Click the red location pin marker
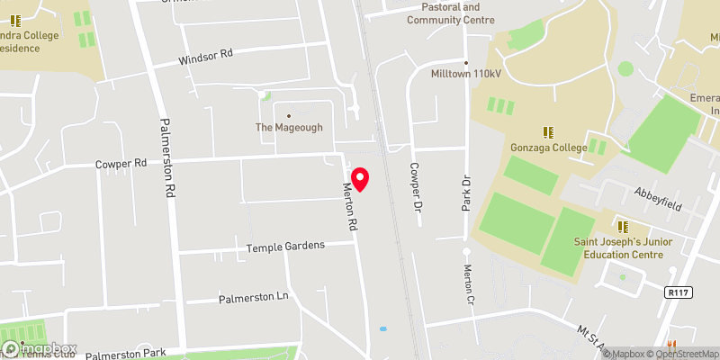[360, 179]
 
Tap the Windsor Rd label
[206, 55]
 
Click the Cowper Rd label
[121, 165]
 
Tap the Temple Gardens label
[285, 246]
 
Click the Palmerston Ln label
[257, 296]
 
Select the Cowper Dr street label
[416, 187]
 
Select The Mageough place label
[289, 128]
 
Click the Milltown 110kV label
[465, 75]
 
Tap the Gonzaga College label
[546, 147]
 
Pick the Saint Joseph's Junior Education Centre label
[619, 247]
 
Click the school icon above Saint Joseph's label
[621, 226]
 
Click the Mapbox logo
[40, 348]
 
